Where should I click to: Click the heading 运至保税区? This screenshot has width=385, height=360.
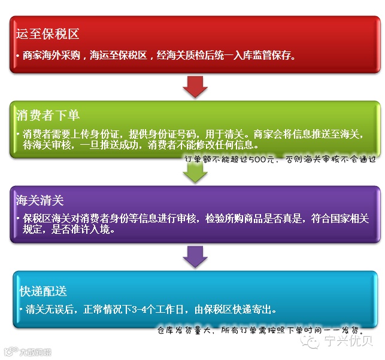[x=48, y=35]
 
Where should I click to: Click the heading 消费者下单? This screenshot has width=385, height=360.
[x=48, y=114]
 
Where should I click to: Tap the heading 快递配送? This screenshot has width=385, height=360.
[x=43, y=291]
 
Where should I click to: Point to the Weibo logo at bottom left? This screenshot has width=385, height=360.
[x=10, y=350]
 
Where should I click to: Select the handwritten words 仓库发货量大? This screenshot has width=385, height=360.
[x=183, y=331]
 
